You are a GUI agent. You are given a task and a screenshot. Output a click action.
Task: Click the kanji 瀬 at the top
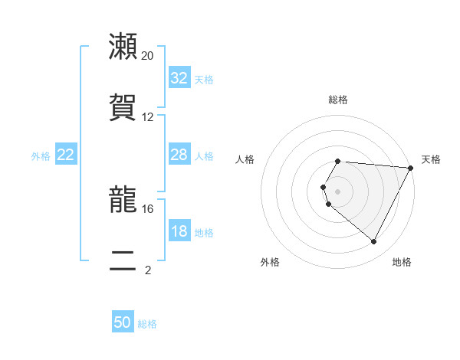pyautogui.click(x=123, y=46)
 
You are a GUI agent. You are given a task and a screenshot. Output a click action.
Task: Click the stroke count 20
pyautogui.click(x=148, y=56)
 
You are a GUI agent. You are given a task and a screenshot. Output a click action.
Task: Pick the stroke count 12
pyautogui.click(x=148, y=117)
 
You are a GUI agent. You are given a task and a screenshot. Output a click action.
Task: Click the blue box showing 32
pyautogui.click(x=179, y=78)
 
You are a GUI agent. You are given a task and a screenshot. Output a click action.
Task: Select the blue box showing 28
pyautogui.click(x=179, y=155)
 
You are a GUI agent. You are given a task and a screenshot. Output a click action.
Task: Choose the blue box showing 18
pyautogui.click(x=179, y=231)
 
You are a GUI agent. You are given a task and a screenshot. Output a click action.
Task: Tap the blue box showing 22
pyautogui.click(x=66, y=155)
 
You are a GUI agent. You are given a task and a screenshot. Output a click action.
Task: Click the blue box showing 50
pyautogui.click(x=123, y=322)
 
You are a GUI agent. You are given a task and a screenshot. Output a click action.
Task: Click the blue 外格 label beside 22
pyautogui.click(x=41, y=156)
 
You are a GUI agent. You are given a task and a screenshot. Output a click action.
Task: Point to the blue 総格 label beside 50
pyautogui.click(x=148, y=324)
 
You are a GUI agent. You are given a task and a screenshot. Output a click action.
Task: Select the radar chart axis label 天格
pyautogui.click(x=431, y=159)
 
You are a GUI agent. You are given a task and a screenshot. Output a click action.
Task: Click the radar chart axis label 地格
pyautogui.click(x=402, y=262)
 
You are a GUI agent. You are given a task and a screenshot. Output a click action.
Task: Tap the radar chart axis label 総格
pyautogui.click(x=338, y=100)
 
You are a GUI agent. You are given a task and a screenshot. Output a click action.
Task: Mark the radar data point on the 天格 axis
pyautogui.click(x=410, y=168)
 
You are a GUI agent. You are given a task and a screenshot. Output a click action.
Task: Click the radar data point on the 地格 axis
pyautogui.click(x=374, y=242)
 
